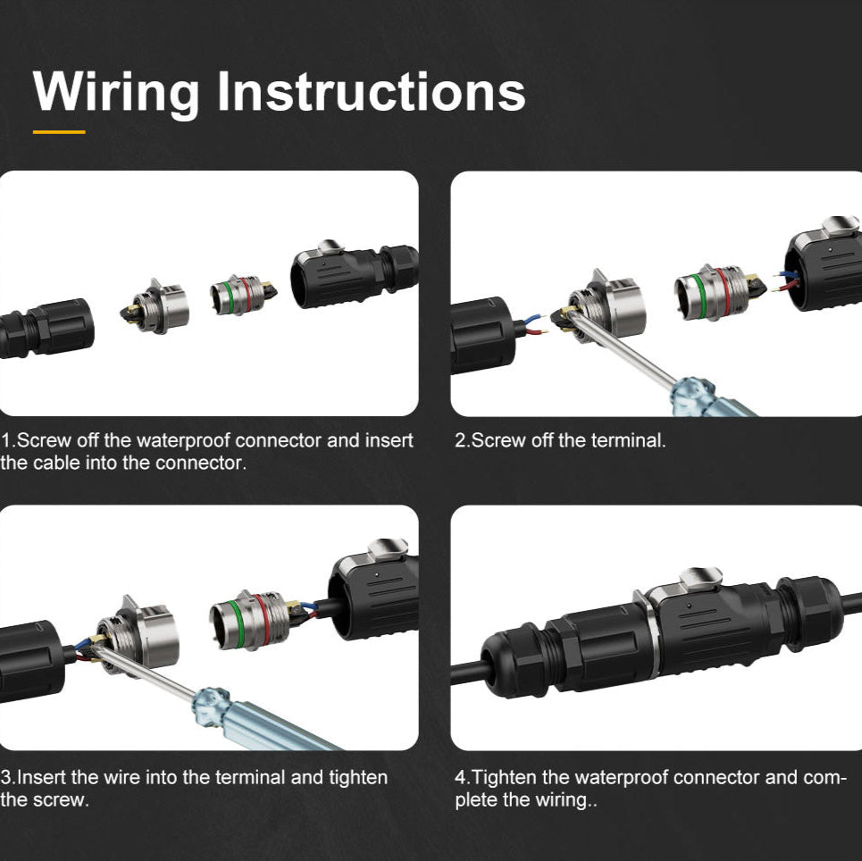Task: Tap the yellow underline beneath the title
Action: click(59, 132)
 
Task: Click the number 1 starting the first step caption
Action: click(6, 440)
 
